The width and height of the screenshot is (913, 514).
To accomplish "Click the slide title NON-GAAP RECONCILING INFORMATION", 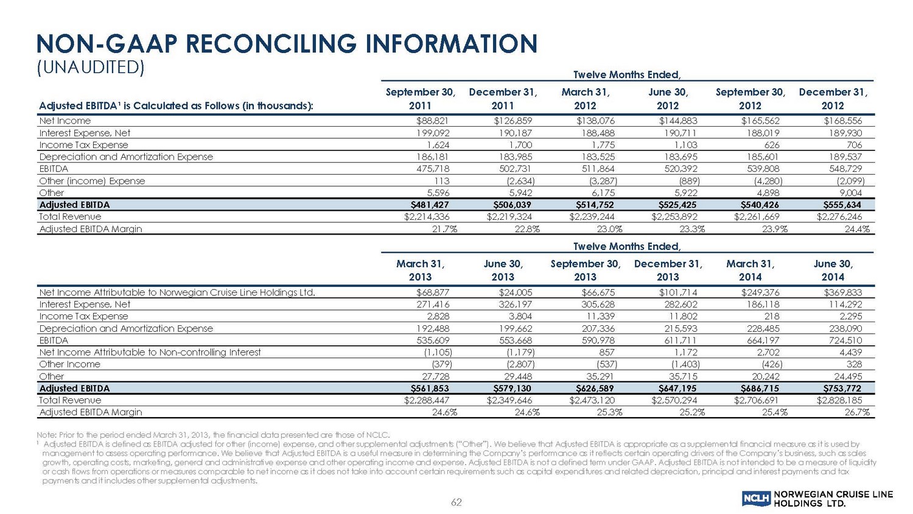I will tap(286, 44).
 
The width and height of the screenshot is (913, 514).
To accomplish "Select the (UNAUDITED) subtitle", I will tap(91, 68).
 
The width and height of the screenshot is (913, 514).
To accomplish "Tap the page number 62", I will tap(456, 502).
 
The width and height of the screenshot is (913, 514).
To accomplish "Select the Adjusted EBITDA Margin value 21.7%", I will tap(444, 229).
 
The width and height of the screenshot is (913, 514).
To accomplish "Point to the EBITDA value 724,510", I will tap(843, 340).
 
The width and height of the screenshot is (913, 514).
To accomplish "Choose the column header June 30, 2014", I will tap(833, 270).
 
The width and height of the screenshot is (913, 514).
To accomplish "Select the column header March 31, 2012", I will tap(586, 99).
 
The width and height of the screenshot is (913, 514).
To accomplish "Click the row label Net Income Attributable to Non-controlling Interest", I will tap(150, 352).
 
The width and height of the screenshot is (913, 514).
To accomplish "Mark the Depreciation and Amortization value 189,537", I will tap(843, 157).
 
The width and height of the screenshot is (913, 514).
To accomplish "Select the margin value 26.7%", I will tap(856, 412).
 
